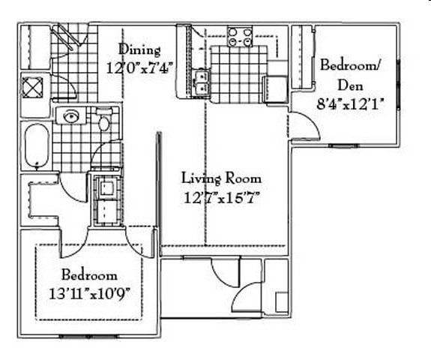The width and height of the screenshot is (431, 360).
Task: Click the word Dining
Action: [139, 50]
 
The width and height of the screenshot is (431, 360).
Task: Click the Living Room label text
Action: [222, 178]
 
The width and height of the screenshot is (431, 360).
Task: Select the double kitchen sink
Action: [200, 82]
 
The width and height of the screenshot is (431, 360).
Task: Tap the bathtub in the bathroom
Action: [35, 146]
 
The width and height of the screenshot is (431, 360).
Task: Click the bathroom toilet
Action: [104, 119]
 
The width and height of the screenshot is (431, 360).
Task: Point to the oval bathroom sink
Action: [72, 116]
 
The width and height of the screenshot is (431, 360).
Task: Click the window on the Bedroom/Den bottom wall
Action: [343, 145]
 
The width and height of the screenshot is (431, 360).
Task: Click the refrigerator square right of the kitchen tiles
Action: [277, 88]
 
